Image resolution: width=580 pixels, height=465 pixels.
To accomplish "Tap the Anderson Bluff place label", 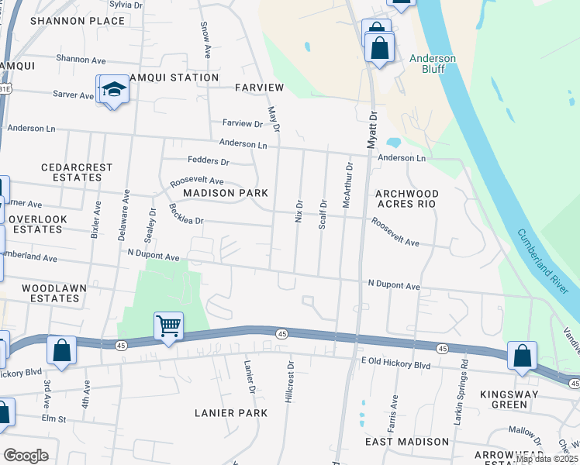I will pyautogui.click(x=433, y=64).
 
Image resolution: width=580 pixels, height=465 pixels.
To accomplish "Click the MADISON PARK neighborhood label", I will pyautogui.click(x=225, y=193).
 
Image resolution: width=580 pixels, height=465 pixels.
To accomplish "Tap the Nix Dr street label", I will pyautogui.click(x=299, y=210).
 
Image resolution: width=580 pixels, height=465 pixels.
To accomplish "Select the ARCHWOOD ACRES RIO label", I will pyautogui.click(x=406, y=198).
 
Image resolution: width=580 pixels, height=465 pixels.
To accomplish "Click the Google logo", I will pyautogui.click(x=26, y=456).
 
